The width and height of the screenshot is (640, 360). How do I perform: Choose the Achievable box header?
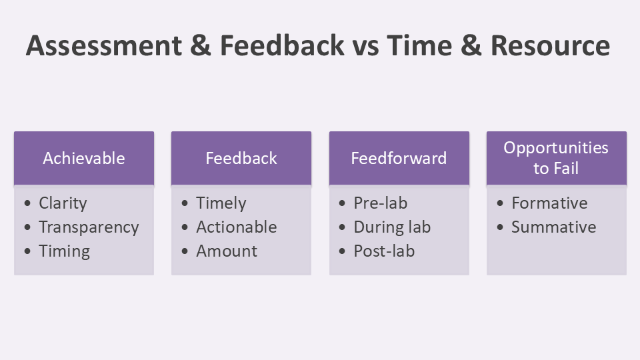click(x=84, y=159)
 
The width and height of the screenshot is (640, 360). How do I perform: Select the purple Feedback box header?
click(x=241, y=159)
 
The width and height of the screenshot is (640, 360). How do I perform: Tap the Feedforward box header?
click(x=399, y=159)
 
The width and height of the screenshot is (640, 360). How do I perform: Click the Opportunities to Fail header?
click(x=556, y=159)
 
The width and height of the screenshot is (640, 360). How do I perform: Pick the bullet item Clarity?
click(x=63, y=203)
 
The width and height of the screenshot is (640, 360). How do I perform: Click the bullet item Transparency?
click(x=89, y=227)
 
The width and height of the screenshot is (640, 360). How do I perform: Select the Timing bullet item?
click(x=65, y=251)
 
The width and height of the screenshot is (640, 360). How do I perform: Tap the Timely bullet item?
click(x=221, y=203)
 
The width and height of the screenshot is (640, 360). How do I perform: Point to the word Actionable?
click(x=237, y=227)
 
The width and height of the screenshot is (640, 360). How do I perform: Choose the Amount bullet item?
click(x=227, y=251)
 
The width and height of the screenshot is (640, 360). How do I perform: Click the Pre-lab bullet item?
click(x=381, y=203)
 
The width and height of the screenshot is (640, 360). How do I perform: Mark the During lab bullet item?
click(x=392, y=227)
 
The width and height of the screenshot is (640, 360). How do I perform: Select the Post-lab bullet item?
click(x=384, y=251)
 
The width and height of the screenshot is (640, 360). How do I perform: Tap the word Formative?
click(x=549, y=203)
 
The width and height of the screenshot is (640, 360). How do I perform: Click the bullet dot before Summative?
click(x=500, y=227)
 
